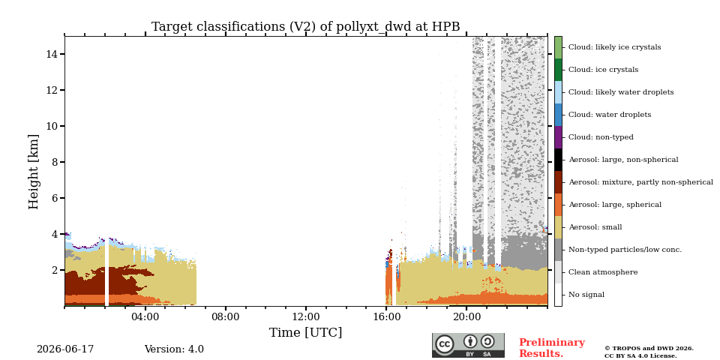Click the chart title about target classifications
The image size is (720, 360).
click(x=305, y=27)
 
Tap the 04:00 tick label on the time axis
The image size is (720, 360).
click(x=145, y=317)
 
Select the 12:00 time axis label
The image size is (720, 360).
click(x=306, y=317)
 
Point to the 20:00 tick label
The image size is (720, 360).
click(x=466, y=317)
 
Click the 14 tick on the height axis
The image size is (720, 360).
click(x=52, y=54)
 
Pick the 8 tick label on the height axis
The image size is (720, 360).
click(x=55, y=162)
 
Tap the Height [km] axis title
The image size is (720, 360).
click(x=34, y=172)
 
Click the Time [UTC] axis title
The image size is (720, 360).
click(x=306, y=332)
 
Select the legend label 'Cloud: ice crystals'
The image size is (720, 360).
click(x=603, y=70)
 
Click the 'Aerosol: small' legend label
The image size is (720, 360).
click(x=595, y=227)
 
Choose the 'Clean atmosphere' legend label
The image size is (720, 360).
click(x=603, y=272)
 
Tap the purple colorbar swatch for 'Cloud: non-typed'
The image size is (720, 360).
click(x=558, y=137)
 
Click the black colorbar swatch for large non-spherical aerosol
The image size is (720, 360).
click(x=558, y=160)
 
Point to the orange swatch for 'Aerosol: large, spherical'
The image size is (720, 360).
click(x=558, y=205)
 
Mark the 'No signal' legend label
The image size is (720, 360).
click(x=586, y=295)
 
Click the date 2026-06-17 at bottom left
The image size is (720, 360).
click(x=65, y=349)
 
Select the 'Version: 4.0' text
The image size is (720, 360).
click(x=174, y=349)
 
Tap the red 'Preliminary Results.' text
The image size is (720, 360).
click(x=552, y=348)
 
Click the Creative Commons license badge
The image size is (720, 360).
click(x=468, y=345)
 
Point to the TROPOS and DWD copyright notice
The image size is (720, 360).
click(x=649, y=352)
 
